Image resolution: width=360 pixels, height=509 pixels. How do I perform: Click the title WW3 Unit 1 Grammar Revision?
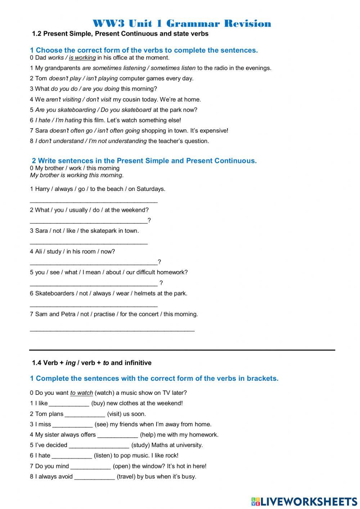click(x=182, y=24)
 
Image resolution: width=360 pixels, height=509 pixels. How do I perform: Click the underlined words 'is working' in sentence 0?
click(x=82, y=58)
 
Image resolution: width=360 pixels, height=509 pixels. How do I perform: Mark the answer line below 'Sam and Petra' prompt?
click(x=112, y=329)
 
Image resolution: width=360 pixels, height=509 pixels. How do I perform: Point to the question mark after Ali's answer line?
click(x=159, y=262)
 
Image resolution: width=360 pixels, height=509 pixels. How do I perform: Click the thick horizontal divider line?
click(x=182, y=350)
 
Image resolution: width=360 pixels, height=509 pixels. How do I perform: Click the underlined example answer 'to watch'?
click(x=82, y=393)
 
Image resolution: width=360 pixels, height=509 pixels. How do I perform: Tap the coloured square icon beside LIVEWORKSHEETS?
click(x=256, y=501)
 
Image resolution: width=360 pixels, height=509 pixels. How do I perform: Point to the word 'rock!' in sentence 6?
click(x=171, y=456)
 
